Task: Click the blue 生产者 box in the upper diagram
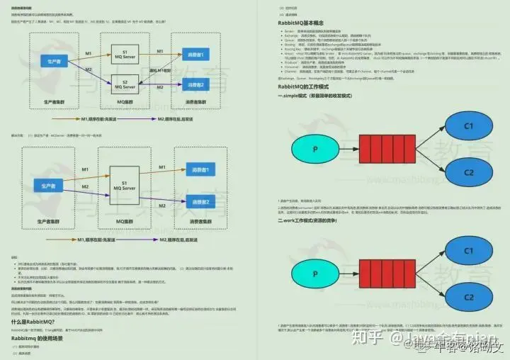(x=53, y=62)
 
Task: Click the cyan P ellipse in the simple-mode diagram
(x=314, y=150)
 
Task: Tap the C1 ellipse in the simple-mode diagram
(x=468, y=127)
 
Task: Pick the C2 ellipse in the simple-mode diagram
(x=468, y=172)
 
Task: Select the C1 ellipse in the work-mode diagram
(x=468, y=252)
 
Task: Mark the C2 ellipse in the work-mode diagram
(x=468, y=297)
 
